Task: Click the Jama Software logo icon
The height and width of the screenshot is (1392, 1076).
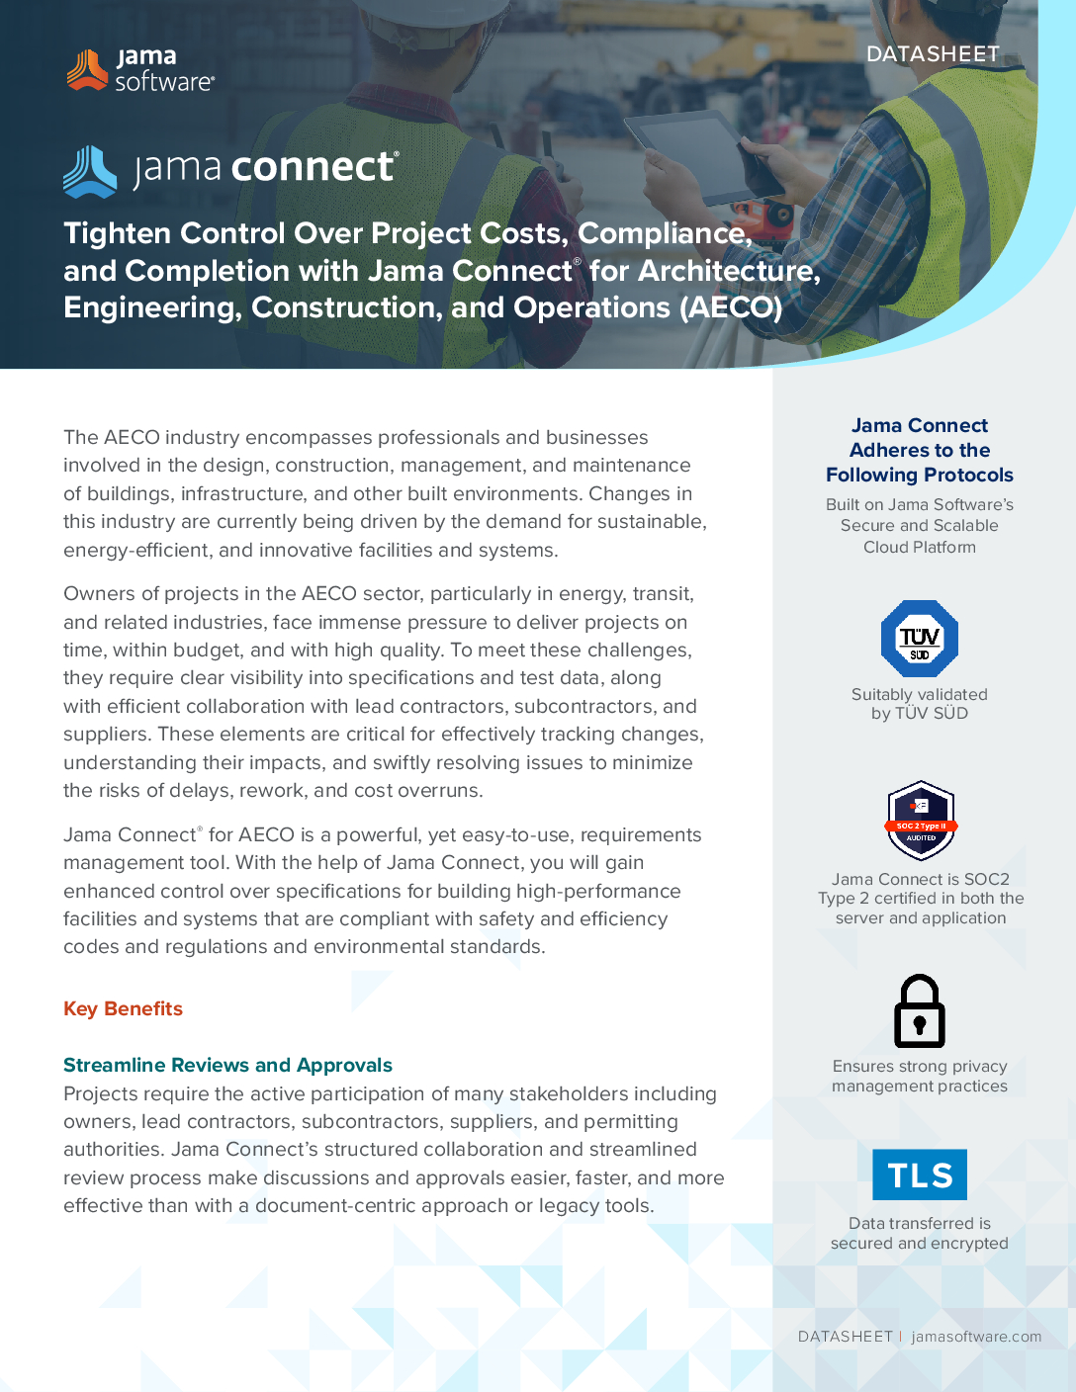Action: (x=87, y=69)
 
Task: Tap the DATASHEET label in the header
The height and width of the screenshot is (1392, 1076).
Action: (x=933, y=54)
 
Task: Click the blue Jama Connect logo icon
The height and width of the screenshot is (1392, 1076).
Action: (x=90, y=171)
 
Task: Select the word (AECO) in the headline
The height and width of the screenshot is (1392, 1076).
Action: (x=731, y=307)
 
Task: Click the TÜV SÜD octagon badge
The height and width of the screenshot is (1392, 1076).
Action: (x=920, y=639)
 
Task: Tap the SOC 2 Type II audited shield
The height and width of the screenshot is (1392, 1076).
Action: (x=921, y=821)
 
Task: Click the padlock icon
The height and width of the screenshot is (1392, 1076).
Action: (x=920, y=1011)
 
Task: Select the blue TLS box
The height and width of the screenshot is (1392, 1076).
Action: (x=920, y=1174)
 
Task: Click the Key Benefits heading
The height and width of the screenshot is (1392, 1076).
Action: (x=123, y=1008)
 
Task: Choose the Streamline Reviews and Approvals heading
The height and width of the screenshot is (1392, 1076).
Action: (x=227, y=1065)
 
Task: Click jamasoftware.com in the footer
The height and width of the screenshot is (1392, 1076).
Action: (x=976, y=1337)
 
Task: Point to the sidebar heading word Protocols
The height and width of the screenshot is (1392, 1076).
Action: (x=967, y=475)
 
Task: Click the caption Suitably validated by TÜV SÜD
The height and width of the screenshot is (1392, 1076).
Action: (x=920, y=704)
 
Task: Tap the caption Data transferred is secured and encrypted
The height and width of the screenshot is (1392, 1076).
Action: (x=920, y=1233)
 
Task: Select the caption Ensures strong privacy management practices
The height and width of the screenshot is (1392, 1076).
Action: (x=920, y=1076)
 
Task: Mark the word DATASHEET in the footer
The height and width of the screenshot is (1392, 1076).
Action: (x=845, y=1337)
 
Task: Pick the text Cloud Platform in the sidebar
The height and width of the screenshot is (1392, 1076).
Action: (x=920, y=547)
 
